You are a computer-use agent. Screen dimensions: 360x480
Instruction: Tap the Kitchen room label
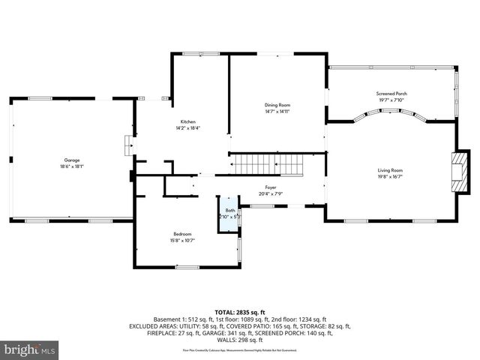pos(187,122)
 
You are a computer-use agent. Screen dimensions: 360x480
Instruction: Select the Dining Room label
pos(277,105)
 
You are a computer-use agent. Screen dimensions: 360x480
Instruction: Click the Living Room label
pos(390,170)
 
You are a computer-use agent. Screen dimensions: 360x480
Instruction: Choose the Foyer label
pos(270,187)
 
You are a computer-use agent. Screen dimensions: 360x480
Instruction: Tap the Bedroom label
pos(183,234)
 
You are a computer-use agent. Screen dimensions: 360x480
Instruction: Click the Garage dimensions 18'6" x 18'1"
pos(73,166)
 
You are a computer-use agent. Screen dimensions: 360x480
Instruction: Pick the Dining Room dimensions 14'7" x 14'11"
pos(277,111)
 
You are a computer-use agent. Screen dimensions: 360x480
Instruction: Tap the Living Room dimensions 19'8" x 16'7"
pos(390,176)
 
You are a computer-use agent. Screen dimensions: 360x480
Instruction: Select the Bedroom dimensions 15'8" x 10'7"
pos(183,240)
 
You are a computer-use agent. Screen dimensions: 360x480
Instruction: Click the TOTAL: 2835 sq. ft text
pos(240,312)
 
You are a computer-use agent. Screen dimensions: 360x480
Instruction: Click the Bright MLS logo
pos(29,349)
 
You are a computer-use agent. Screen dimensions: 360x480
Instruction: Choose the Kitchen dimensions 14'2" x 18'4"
pos(187,128)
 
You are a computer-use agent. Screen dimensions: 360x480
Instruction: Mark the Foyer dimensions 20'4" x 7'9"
pos(270,193)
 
